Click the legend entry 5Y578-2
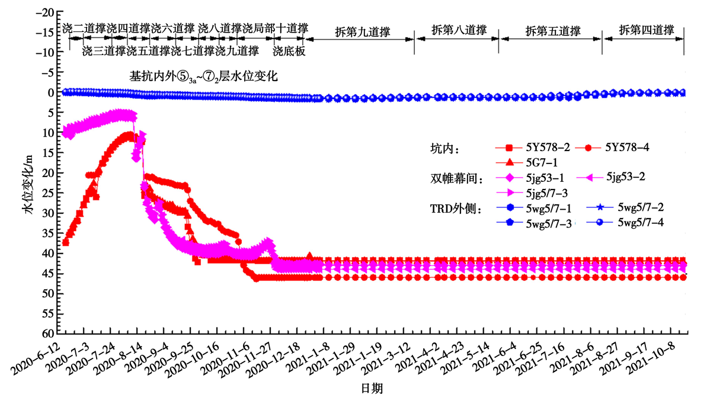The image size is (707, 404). [533, 148]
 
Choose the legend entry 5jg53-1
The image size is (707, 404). [529, 178]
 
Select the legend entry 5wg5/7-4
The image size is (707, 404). [625, 222]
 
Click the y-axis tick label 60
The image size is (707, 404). [48, 334]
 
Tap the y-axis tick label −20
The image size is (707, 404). [44, 12]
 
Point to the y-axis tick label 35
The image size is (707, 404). [48, 233]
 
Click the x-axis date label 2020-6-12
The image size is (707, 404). [35, 358]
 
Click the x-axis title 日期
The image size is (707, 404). [372, 389]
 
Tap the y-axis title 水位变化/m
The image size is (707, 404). [28, 184]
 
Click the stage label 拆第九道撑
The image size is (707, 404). [363, 32]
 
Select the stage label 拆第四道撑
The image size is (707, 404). [647, 30]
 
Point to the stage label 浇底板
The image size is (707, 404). [289, 51]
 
